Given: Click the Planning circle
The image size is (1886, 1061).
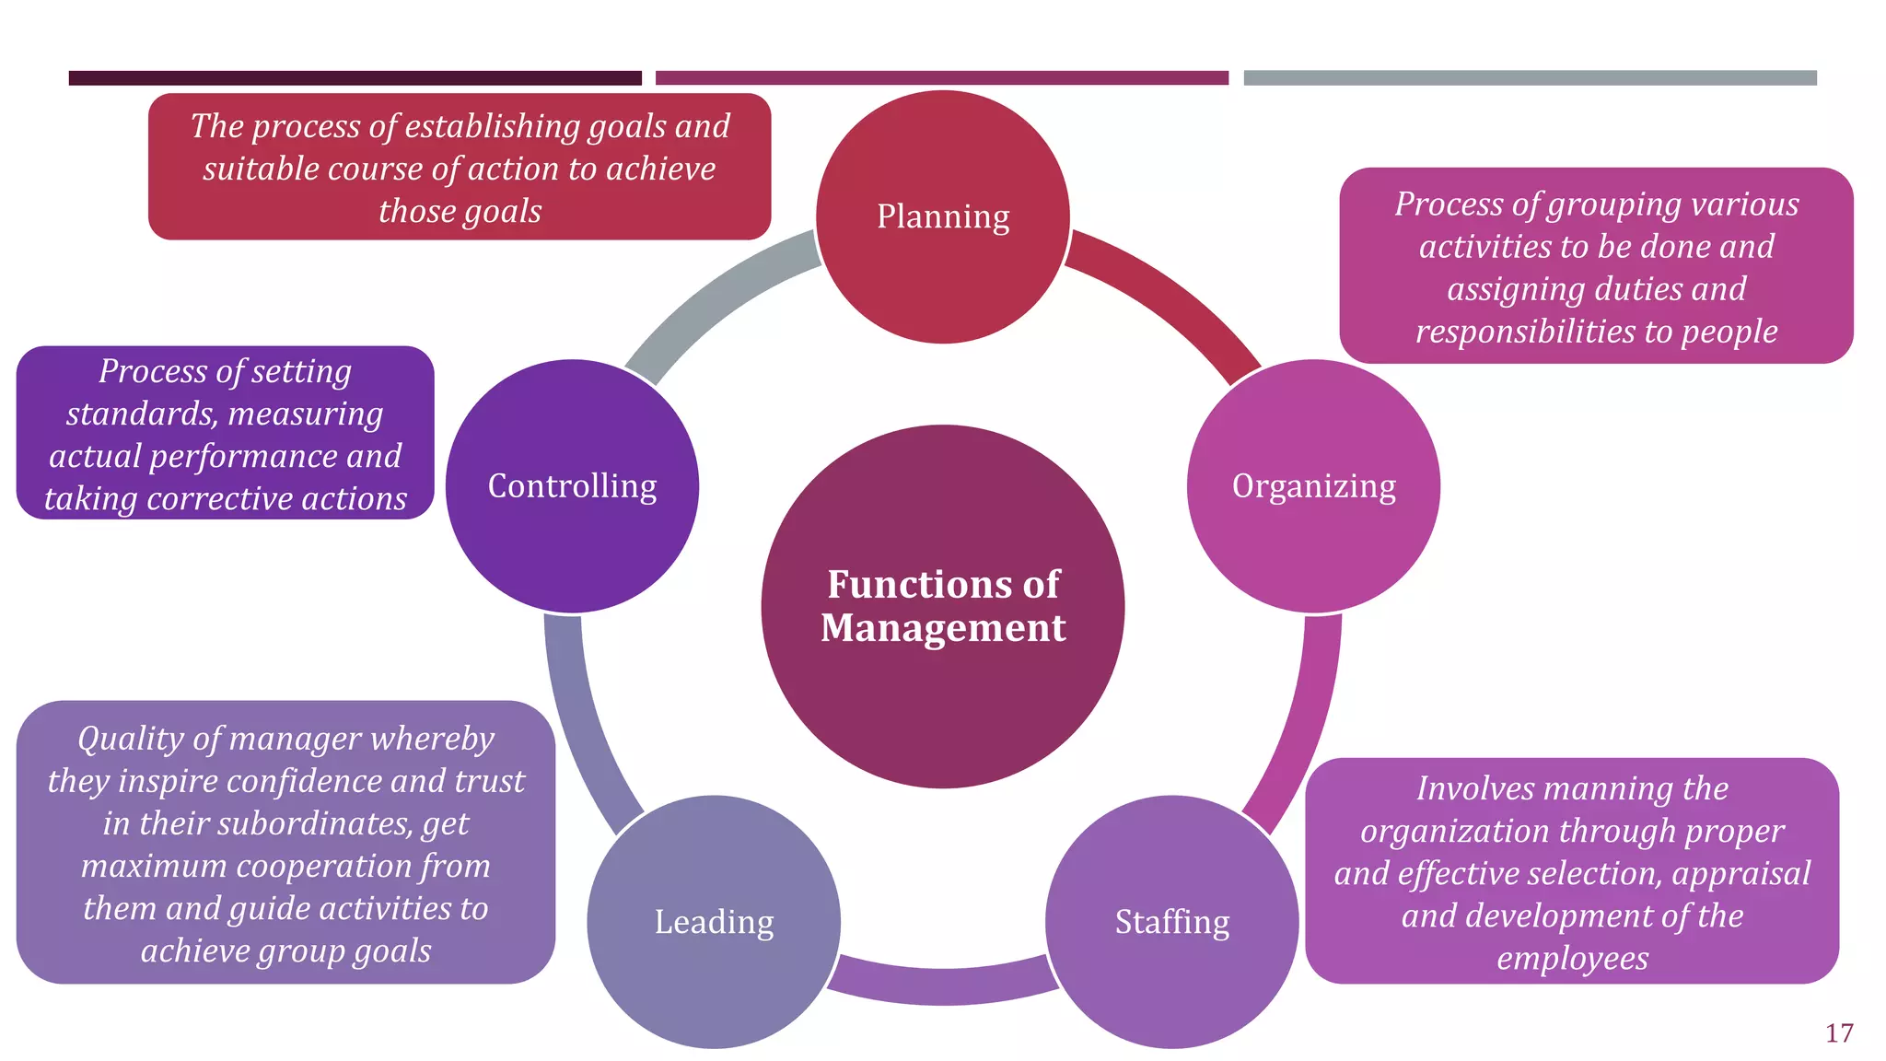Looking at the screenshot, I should [943, 217].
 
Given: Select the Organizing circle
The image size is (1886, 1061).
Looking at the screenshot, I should [1313, 486].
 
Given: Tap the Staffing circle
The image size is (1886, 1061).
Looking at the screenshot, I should [1171, 921].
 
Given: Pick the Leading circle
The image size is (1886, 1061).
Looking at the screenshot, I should [714, 921].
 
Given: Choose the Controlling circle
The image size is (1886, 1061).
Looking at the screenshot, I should [572, 486].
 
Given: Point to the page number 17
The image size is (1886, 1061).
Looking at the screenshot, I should [1839, 1033].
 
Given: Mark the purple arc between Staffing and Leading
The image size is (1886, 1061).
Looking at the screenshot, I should [943, 984].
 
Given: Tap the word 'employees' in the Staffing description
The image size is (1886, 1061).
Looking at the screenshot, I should [1572, 959].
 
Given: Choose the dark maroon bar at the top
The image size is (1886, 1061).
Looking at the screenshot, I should [355, 78].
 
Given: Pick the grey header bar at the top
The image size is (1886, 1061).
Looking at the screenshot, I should [1530, 78].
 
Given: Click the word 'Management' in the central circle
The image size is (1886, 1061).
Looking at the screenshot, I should [943, 628].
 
